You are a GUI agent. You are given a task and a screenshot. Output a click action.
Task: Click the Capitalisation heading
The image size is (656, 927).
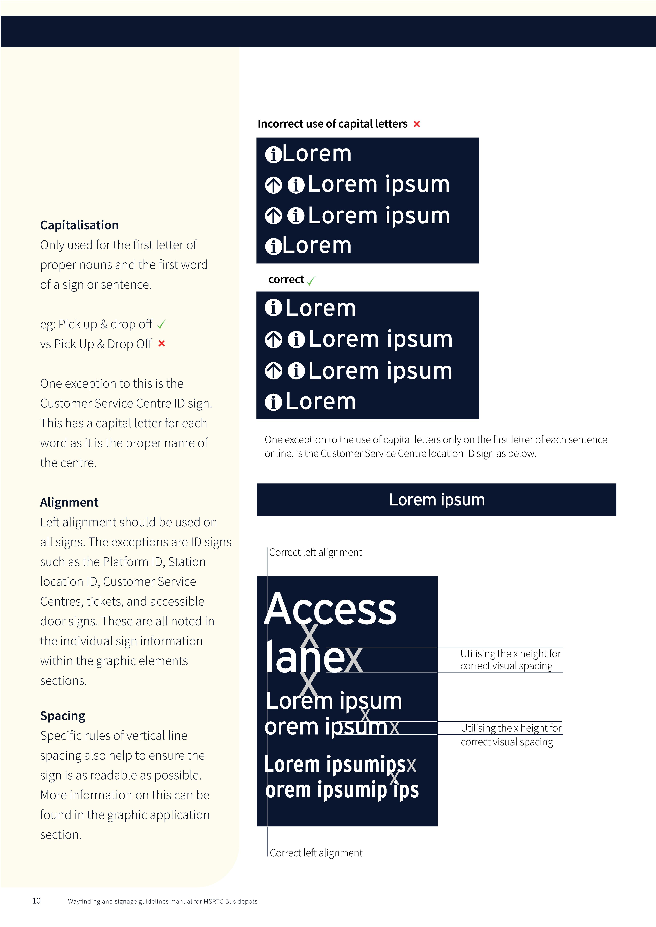coord(79,225)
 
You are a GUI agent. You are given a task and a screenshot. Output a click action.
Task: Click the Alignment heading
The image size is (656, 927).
coord(69,502)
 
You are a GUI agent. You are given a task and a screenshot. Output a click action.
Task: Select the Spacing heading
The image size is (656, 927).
coord(63,716)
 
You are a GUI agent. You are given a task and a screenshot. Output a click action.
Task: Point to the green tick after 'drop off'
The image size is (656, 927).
coord(162,324)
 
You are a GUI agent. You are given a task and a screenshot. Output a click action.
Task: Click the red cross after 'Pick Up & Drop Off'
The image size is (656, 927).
coord(162,344)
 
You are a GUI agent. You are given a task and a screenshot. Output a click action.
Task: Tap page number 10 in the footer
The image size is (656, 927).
coord(36,901)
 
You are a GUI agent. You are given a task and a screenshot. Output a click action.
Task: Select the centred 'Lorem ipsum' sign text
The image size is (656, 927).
coord(437,500)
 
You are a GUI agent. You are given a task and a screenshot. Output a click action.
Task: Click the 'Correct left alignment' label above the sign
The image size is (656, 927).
coord(315,552)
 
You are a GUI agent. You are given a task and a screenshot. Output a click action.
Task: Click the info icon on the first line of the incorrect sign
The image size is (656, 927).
coord(273,155)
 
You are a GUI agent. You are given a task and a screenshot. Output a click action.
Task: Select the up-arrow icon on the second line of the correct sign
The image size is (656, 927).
coord(273,340)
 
